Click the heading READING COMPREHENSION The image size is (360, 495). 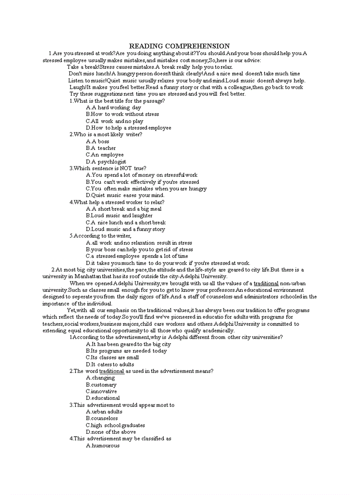[179, 46]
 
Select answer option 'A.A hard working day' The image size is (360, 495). [113, 108]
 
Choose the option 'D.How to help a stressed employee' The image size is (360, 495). [128, 128]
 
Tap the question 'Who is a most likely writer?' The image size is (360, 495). [105, 134]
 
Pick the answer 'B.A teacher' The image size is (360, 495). [101, 148]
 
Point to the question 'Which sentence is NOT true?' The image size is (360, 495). [108, 168]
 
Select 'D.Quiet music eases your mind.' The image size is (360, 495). [125, 195]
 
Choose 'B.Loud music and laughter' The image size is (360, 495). [119, 216]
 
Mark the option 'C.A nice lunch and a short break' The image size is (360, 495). [126, 223]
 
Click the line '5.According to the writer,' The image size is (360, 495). [100, 236]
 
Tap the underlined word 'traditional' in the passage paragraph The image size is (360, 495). [266, 283]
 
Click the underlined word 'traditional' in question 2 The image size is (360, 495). [112, 371]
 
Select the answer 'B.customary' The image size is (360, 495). [101, 385]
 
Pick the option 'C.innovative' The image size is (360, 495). [101, 391]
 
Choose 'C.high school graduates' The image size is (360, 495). [115, 425]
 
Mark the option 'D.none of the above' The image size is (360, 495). [111, 432]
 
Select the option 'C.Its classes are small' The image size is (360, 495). [112, 357]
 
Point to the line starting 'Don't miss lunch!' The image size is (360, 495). [184, 74]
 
